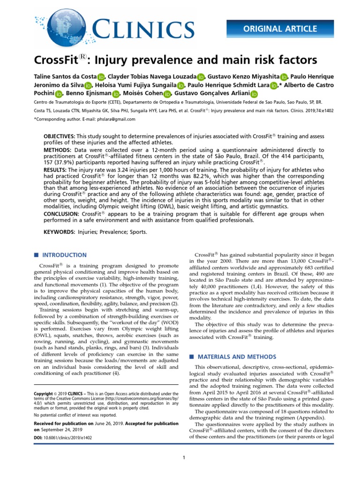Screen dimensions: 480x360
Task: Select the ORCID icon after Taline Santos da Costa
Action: click(x=101, y=77)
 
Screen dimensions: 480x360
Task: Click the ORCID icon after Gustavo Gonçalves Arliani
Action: click(x=254, y=95)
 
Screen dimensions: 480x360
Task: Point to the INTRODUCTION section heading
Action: click(x=64, y=255)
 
